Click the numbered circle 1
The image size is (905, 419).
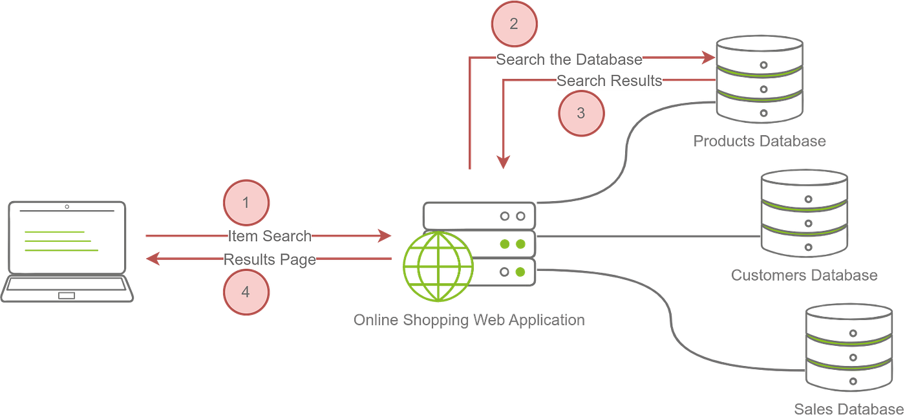246,202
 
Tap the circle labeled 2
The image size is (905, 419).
514,25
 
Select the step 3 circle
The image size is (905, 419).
580,113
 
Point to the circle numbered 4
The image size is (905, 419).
246,292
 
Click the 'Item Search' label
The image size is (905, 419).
270,236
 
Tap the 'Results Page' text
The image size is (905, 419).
270,260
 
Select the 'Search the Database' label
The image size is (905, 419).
569,59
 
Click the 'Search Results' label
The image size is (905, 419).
609,81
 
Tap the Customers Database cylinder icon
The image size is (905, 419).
804,213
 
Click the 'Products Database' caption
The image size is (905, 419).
760,142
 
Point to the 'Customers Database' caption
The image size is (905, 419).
804,275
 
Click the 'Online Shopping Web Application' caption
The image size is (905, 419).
469,320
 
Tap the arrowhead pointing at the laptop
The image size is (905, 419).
151,260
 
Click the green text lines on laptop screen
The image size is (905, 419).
61,241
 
